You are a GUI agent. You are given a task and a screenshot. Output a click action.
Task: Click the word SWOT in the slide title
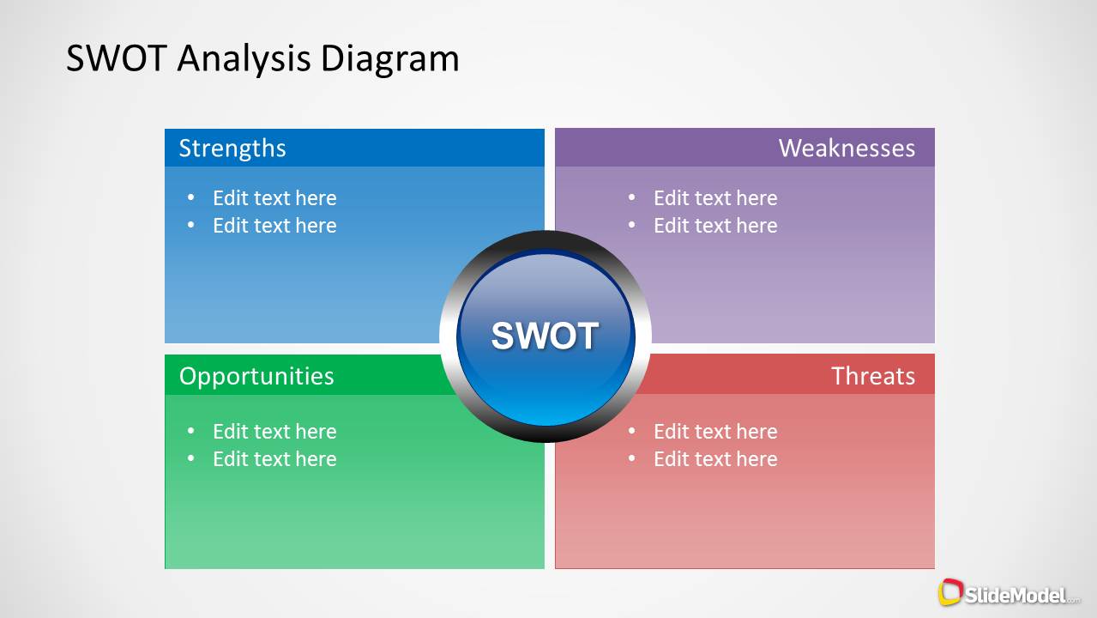pos(118,58)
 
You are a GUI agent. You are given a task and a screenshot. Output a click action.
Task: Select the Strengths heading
pos(232,148)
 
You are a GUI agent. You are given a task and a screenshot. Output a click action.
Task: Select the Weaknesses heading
pos(847,148)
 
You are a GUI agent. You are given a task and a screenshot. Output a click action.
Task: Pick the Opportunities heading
pos(256,376)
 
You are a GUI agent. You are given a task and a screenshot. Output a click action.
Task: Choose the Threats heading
pos(872,376)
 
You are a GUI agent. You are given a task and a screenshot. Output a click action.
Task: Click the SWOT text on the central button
pos(545,336)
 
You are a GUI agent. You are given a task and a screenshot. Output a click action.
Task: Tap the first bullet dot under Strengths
pos(191,198)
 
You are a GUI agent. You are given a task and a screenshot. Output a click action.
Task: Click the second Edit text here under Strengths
pos(274,226)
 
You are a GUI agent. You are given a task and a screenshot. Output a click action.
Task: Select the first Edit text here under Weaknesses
pos(715,198)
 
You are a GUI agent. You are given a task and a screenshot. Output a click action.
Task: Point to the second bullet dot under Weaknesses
pos(632,226)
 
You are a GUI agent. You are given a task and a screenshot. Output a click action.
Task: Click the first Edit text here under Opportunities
pos(274,432)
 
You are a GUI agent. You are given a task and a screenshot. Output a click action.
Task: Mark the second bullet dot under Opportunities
pos(191,459)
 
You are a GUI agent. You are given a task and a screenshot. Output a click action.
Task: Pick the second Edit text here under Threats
pos(715,459)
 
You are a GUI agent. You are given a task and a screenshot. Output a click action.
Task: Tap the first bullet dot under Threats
pos(632,432)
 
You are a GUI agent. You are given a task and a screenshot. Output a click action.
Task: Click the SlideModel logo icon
pos(950,592)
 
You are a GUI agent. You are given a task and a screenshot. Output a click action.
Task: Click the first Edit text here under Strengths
pos(274,198)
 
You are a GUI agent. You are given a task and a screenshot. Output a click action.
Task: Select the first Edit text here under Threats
pos(715,432)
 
